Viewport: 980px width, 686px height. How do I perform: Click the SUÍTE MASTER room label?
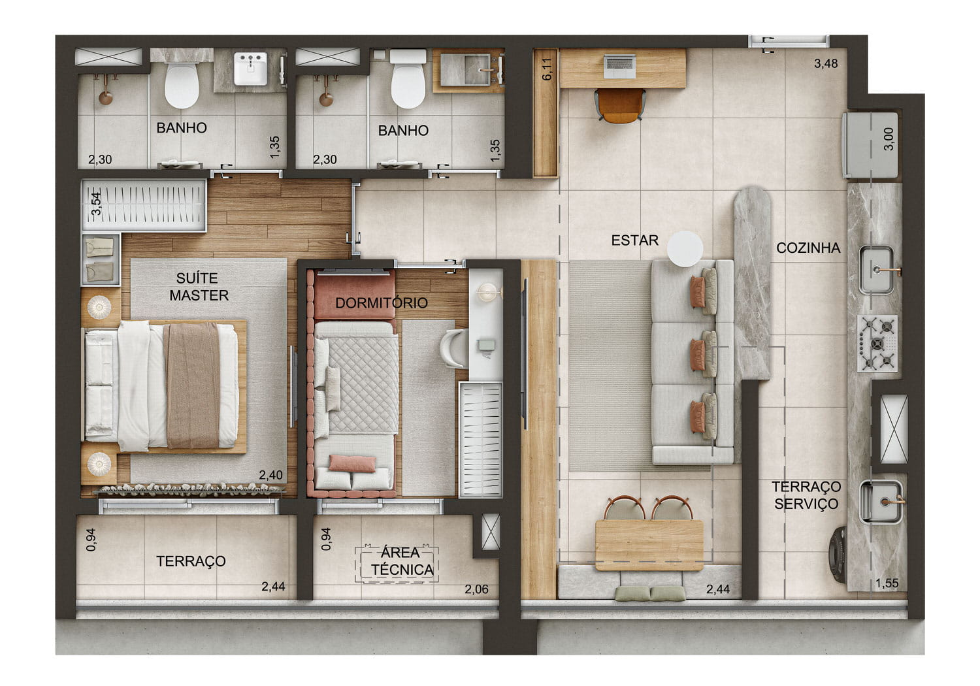(199, 287)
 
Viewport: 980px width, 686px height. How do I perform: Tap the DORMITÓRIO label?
(382, 302)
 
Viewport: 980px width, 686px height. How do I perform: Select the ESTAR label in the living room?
(634, 240)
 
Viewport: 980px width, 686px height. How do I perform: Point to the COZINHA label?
(808, 248)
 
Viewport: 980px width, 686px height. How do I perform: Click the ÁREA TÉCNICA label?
(402, 561)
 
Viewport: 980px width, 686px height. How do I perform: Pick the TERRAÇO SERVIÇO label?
(806, 495)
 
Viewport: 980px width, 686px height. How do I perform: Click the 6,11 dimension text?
(547, 69)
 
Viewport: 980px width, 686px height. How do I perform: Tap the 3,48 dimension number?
(826, 64)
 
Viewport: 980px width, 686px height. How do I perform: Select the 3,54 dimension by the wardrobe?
(96, 203)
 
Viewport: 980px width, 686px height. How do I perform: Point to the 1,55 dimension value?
(887, 583)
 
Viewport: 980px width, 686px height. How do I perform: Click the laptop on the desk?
(619, 67)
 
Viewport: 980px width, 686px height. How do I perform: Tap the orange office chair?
(620, 105)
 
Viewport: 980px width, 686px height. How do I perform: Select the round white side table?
(685, 248)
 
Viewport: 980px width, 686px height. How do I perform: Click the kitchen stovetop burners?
(877, 344)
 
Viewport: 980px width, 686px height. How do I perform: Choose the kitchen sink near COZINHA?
(877, 270)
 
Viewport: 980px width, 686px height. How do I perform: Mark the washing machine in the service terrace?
(838, 555)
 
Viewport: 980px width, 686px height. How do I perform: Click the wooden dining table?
(649, 545)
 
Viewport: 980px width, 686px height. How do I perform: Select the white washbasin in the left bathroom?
(250, 69)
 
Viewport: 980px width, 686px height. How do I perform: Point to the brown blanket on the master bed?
(193, 385)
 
